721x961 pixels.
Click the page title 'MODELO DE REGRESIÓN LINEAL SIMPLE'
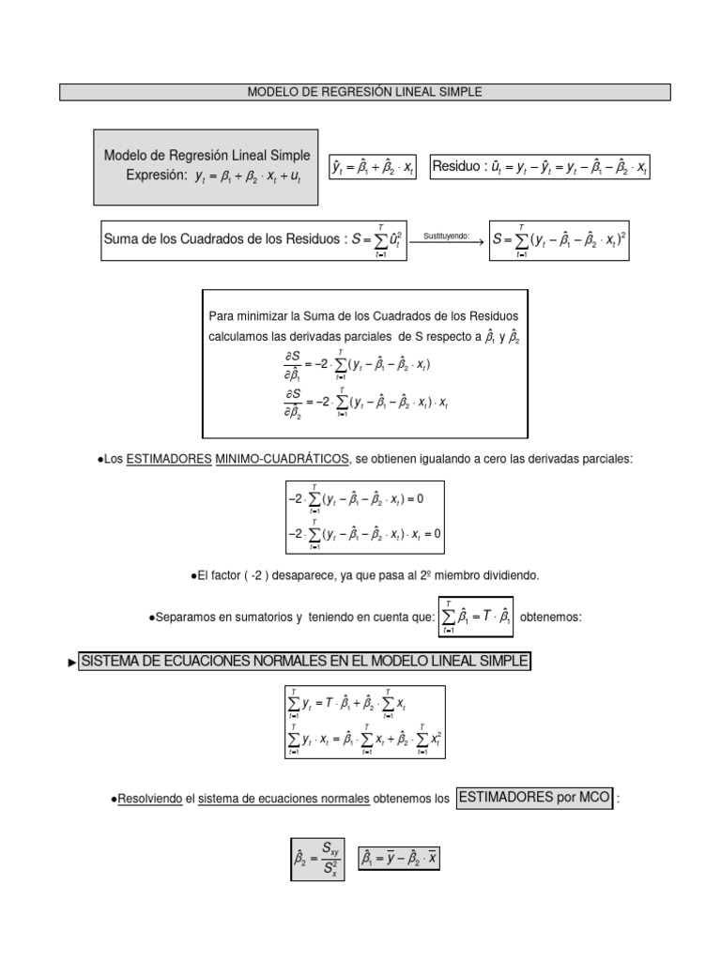pyautogui.click(x=365, y=92)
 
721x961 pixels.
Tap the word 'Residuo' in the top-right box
pyautogui.click(x=457, y=167)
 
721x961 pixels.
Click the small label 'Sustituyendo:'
pyautogui.click(x=446, y=236)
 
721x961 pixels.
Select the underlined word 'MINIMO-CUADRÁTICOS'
pyautogui.click(x=280, y=458)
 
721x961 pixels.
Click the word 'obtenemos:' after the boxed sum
pyautogui.click(x=551, y=617)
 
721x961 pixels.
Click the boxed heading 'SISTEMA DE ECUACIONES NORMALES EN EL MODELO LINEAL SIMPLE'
pyautogui.click(x=305, y=663)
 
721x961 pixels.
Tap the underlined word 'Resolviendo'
pyautogui.click(x=149, y=800)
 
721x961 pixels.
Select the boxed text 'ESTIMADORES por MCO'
pyautogui.click(x=534, y=799)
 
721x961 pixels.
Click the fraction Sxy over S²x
pyautogui.click(x=330, y=858)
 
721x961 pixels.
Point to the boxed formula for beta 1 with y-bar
pyautogui.click(x=399, y=857)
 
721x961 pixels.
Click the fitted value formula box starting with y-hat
pyautogui.click(x=373, y=168)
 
